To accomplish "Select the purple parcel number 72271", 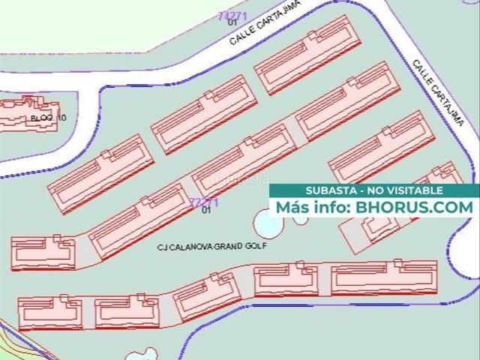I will [x=204, y=202].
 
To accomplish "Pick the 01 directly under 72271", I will [x=206, y=211].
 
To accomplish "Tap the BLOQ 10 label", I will [x=49, y=118].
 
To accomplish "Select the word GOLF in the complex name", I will [x=256, y=245].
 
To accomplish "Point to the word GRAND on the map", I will [x=226, y=245].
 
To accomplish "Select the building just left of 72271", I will [x=138, y=221].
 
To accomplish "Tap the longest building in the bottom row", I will [x=383, y=277].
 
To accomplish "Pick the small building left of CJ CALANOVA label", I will [x=43, y=253].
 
